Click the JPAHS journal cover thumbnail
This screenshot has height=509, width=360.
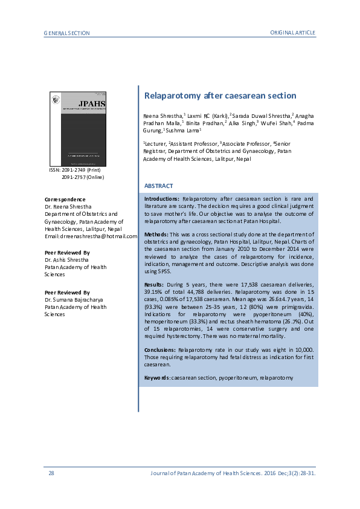(77, 129)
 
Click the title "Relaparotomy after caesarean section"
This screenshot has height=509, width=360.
(220, 96)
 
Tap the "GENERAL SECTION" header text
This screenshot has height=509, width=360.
(66, 32)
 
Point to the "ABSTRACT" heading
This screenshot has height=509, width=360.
(158, 186)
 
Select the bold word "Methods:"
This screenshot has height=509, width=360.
(156, 233)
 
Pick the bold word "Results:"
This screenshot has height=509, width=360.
(154, 284)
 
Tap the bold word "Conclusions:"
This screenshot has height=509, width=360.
(159, 350)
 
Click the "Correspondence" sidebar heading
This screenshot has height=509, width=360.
(65, 199)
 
